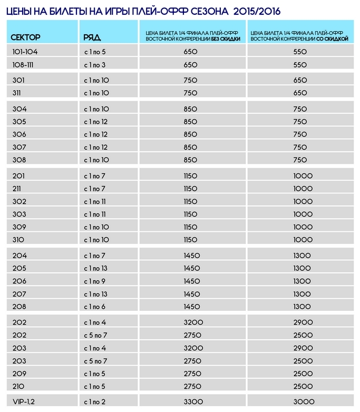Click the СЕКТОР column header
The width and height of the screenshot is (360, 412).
[x=26, y=37]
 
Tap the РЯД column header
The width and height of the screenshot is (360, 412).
[x=92, y=37]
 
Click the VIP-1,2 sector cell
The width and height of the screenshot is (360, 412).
[x=22, y=402]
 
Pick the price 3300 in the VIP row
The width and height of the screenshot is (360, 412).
[x=191, y=402]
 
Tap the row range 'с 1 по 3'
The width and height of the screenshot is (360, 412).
[x=95, y=64]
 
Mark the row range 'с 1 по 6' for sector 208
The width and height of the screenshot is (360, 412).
[x=95, y=306]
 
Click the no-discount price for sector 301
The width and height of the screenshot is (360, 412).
[x=191, y=81]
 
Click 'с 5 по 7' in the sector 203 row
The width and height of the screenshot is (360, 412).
[x=95, y=361]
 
